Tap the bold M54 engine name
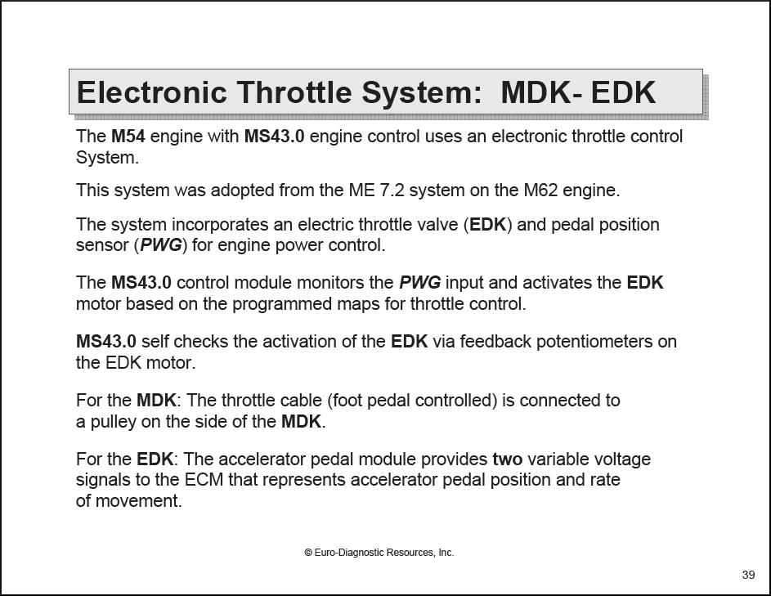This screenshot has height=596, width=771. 128,137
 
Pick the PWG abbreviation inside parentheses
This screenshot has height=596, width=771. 161,245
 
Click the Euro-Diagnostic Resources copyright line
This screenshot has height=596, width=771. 379,553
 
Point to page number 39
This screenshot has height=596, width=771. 748,576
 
